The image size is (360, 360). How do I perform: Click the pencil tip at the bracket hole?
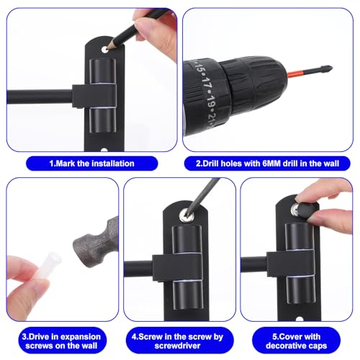tap(107, 48)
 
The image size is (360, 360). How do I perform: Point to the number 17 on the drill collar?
tap(205, 83)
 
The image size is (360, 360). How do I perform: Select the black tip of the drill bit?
tap(323, 69)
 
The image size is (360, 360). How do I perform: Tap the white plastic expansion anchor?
tap(50, 266)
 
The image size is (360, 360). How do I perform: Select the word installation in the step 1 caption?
tap(113, 163)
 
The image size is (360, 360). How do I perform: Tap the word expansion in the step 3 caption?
tap(80, 337)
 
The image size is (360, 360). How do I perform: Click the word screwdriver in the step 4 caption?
tap(177, 346)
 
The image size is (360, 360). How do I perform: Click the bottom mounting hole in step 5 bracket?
tap(300, 319)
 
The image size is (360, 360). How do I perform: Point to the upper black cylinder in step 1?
tap(102, 71)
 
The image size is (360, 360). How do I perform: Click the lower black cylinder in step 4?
tap(188, 295)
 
